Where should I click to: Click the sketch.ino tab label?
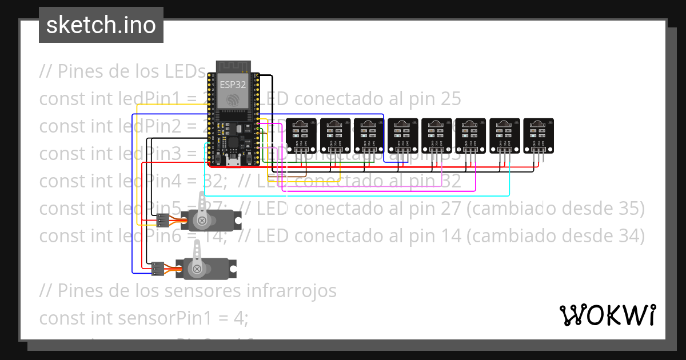101,25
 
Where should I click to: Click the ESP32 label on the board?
233,84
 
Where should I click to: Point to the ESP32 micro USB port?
233,162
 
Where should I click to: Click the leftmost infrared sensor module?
301,135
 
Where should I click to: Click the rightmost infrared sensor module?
539,135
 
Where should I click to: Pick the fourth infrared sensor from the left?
403,135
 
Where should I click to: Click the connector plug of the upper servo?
162,219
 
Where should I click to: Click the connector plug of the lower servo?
158,267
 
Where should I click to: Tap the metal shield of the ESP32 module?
233,91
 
